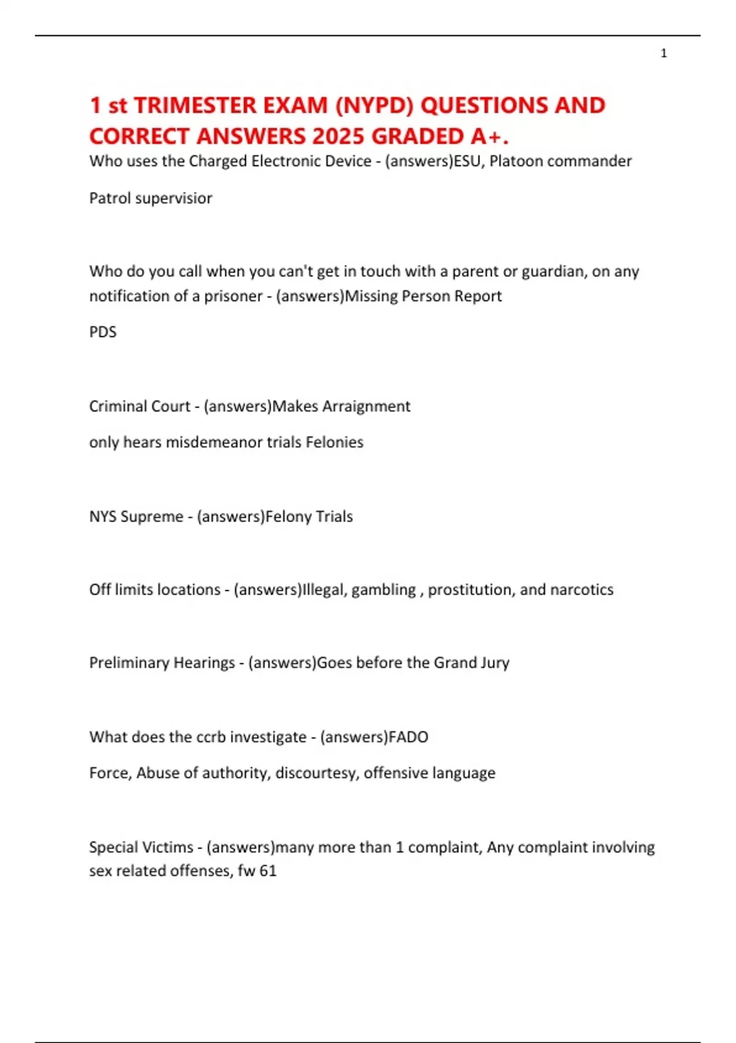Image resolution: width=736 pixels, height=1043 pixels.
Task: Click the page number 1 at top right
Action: pyautogui.click(x=664, y=53)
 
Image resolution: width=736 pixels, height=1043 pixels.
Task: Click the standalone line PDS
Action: pyautogui.click(x=102, y=332)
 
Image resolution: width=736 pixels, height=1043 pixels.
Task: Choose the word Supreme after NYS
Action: pyautogui.click(x=151, y=517)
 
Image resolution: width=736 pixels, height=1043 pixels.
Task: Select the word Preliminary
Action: pyautogui.click(x=131, y=663)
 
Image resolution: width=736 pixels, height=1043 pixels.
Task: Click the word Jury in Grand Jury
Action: pyautogui.click(x=495, y=663)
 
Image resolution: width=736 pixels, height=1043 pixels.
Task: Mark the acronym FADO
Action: pyautogui.click(x=408, y=737)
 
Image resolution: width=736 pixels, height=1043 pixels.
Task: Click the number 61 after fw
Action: pyautogui.click(x=268, y=871)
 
